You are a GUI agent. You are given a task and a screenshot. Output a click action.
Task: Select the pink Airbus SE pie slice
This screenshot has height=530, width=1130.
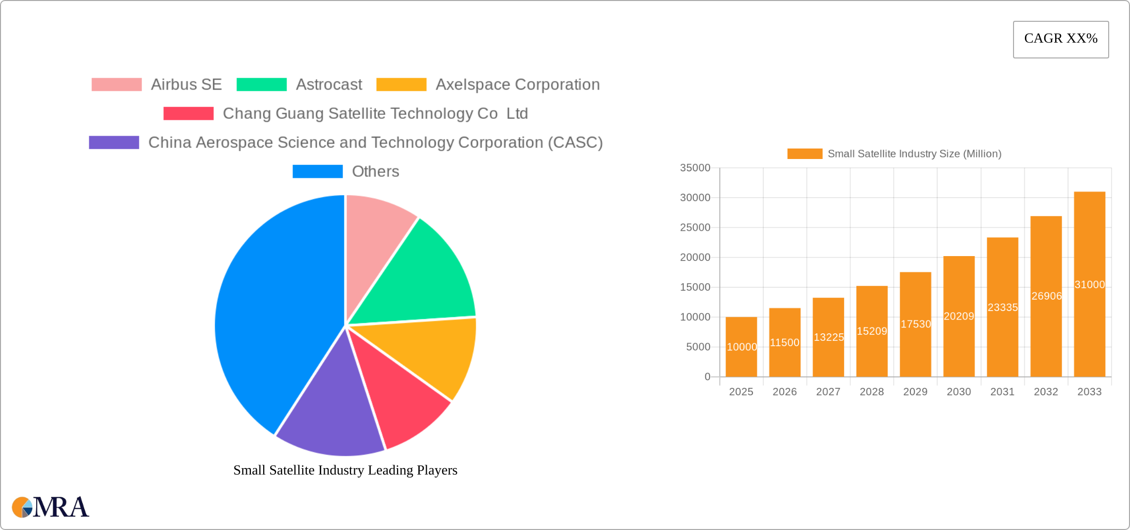[374, 248]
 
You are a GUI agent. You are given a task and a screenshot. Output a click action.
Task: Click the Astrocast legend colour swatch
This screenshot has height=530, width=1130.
[262, 85]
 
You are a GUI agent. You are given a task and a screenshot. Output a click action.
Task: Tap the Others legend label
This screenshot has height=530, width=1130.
[375, 171]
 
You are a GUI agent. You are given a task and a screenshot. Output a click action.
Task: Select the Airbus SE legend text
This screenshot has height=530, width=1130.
[186, 85]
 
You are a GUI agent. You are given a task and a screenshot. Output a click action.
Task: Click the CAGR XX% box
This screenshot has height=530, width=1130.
[1061, 39]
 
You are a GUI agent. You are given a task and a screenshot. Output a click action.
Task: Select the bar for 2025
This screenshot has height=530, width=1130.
[741, 347]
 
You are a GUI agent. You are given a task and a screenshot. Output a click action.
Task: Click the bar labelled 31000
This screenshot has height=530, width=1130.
[1089, 284]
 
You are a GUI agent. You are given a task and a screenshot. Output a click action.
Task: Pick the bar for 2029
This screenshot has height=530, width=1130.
[915, 324]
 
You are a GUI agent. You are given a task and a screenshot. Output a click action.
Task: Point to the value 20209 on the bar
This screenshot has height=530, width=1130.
[959, 316]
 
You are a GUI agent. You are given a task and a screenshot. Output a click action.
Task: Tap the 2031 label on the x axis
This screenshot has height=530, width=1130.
[1002, 392]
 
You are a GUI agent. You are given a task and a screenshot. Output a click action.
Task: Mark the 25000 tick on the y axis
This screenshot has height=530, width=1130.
[695, 227]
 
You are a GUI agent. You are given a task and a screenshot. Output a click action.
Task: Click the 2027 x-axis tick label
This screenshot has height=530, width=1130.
[828, 392]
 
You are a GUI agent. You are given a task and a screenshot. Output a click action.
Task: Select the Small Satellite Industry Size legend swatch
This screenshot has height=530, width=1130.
[804, 154]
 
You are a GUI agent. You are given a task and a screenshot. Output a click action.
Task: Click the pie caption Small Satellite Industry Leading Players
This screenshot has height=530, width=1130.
[345, 470]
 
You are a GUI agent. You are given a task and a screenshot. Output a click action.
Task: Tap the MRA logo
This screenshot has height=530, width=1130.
[51, 507]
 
